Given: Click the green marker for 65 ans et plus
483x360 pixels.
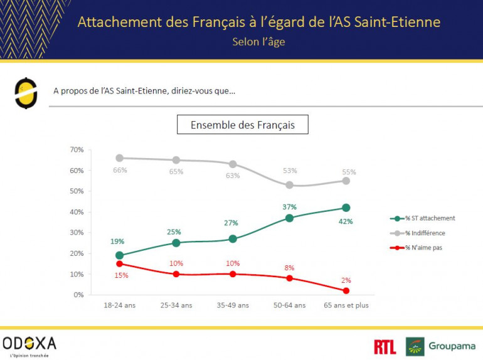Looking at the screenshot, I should point(346,208).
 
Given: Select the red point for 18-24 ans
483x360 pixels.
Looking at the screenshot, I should point(119,263).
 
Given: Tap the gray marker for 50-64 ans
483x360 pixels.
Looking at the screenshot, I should point(289,185).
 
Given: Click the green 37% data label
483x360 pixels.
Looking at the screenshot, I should point(289,207).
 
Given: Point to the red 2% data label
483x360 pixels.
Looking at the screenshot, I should point(346,280).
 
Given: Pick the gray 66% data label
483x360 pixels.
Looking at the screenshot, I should point(120,170).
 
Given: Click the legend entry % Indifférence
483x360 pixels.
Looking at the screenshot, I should point(426,233).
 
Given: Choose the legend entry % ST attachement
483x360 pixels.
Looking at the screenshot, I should point(429,218).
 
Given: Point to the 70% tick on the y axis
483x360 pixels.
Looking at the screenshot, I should point(76,150).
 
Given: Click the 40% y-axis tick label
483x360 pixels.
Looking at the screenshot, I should point(76,212).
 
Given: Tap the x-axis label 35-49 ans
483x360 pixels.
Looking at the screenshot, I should point(233,305).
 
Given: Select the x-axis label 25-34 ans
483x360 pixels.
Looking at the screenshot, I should point(176,305).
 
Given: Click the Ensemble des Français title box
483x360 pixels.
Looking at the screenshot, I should point(243,125).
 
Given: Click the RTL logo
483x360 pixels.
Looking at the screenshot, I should point(385,346).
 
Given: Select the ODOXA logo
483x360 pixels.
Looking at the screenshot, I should point(29,343).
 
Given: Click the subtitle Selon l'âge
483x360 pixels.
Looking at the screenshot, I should point(258,43).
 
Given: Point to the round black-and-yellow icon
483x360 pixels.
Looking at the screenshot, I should point(26,93).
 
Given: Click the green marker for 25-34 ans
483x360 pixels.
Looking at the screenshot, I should point(176,243).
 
